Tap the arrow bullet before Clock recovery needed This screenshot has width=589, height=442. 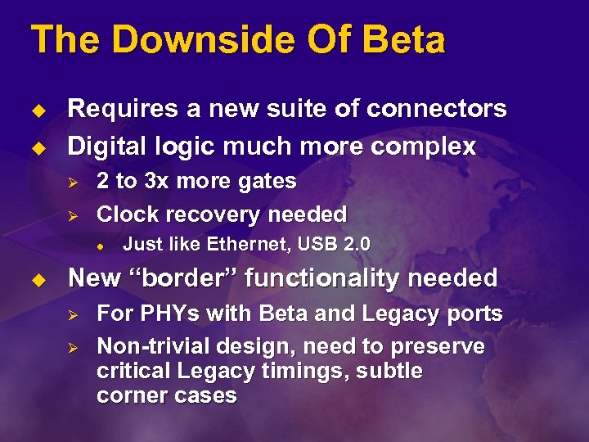point(71,215)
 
